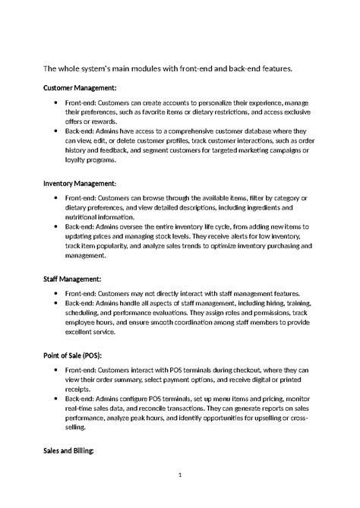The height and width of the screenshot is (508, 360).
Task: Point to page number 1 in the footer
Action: coord(180,475)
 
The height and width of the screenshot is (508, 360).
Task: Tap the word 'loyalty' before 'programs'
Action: coord(79,160)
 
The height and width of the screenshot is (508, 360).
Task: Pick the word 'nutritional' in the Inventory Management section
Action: coord(84,216)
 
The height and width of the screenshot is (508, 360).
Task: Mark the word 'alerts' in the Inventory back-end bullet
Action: coord(251,236)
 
